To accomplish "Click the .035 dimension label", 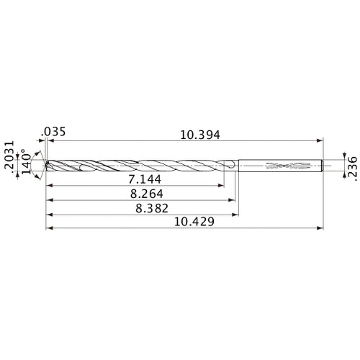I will coord(54,131).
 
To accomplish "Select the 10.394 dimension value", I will coord(199,135).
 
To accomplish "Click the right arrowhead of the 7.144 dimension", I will coord(221,184).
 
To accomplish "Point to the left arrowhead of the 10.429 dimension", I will coord(48,230).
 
